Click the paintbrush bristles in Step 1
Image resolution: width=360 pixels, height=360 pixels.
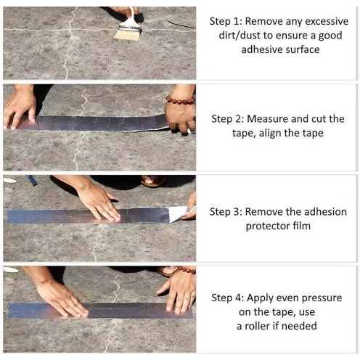click(x=128, y=34)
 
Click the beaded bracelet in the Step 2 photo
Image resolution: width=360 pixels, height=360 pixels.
click(x=181, y=99)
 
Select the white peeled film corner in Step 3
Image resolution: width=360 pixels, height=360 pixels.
click(x=178, y=213)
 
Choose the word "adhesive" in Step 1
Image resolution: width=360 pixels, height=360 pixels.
click(x=261, y=49)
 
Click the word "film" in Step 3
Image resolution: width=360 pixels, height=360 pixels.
click(x=302, y=226)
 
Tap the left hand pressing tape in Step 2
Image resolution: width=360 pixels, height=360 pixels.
click(x=20, y=107)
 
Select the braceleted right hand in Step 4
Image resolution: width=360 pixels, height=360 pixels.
click(x=178, y=292)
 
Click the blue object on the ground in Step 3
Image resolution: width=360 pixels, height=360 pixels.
click(x=32, y=180)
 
